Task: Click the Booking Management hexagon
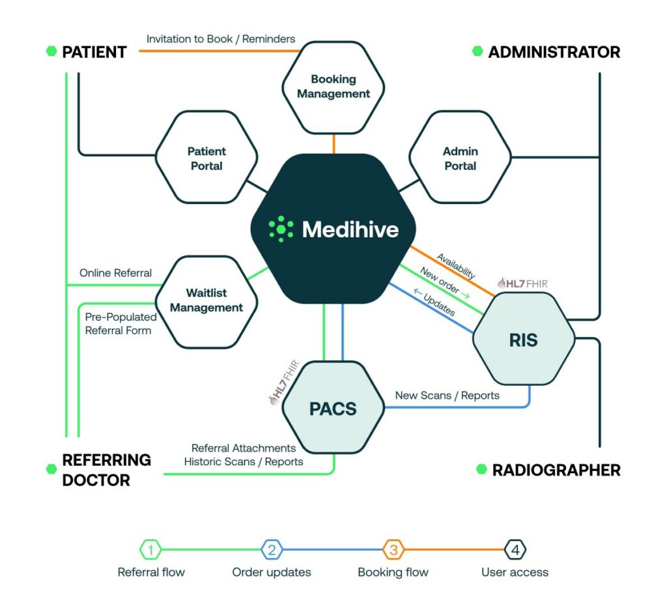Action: (333, 86)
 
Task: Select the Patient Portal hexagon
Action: (206, 158)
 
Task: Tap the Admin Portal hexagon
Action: (460, 158)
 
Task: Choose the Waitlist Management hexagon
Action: (206, 300)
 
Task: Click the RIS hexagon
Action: (524, 340)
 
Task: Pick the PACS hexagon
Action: (333, 409)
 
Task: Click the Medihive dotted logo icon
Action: (281, 229)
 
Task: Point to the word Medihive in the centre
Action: (350, 229)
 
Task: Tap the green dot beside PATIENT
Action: (51, 51)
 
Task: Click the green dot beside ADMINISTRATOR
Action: (477, 51)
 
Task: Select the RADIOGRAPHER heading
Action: (556, 470)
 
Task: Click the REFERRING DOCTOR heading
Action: (106, 470)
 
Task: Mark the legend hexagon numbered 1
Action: (150, 550)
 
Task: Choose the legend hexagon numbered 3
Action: (393, 550)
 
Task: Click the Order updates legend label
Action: (272, 573)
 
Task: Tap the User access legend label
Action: (515, 573)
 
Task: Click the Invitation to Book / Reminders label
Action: (221, 39)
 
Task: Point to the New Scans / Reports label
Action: (447, 396)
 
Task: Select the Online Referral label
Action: (115, 273)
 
